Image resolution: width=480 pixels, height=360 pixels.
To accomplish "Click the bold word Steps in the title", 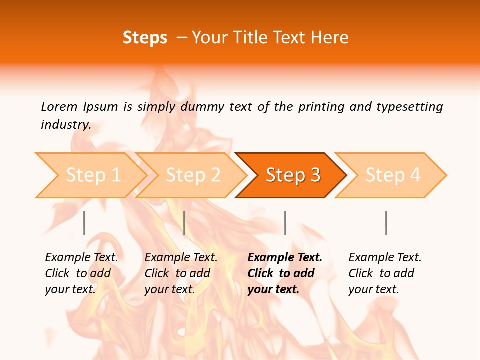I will point(145,38).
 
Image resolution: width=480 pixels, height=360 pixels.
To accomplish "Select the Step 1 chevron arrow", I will point(90,175).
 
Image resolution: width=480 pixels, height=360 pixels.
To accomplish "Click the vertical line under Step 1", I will point(84,223).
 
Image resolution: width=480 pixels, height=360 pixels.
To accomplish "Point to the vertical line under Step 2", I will point(184,223).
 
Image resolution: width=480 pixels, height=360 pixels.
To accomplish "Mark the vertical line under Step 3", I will point(285,223).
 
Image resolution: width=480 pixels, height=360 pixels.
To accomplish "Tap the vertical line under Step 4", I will point(386,223).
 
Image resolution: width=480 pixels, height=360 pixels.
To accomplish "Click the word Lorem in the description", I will point(59,107).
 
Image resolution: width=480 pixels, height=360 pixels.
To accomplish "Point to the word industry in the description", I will point(65,125).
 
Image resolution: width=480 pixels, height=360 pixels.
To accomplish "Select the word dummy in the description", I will point(202,107).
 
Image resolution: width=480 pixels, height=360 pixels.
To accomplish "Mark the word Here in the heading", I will point(330,38).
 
